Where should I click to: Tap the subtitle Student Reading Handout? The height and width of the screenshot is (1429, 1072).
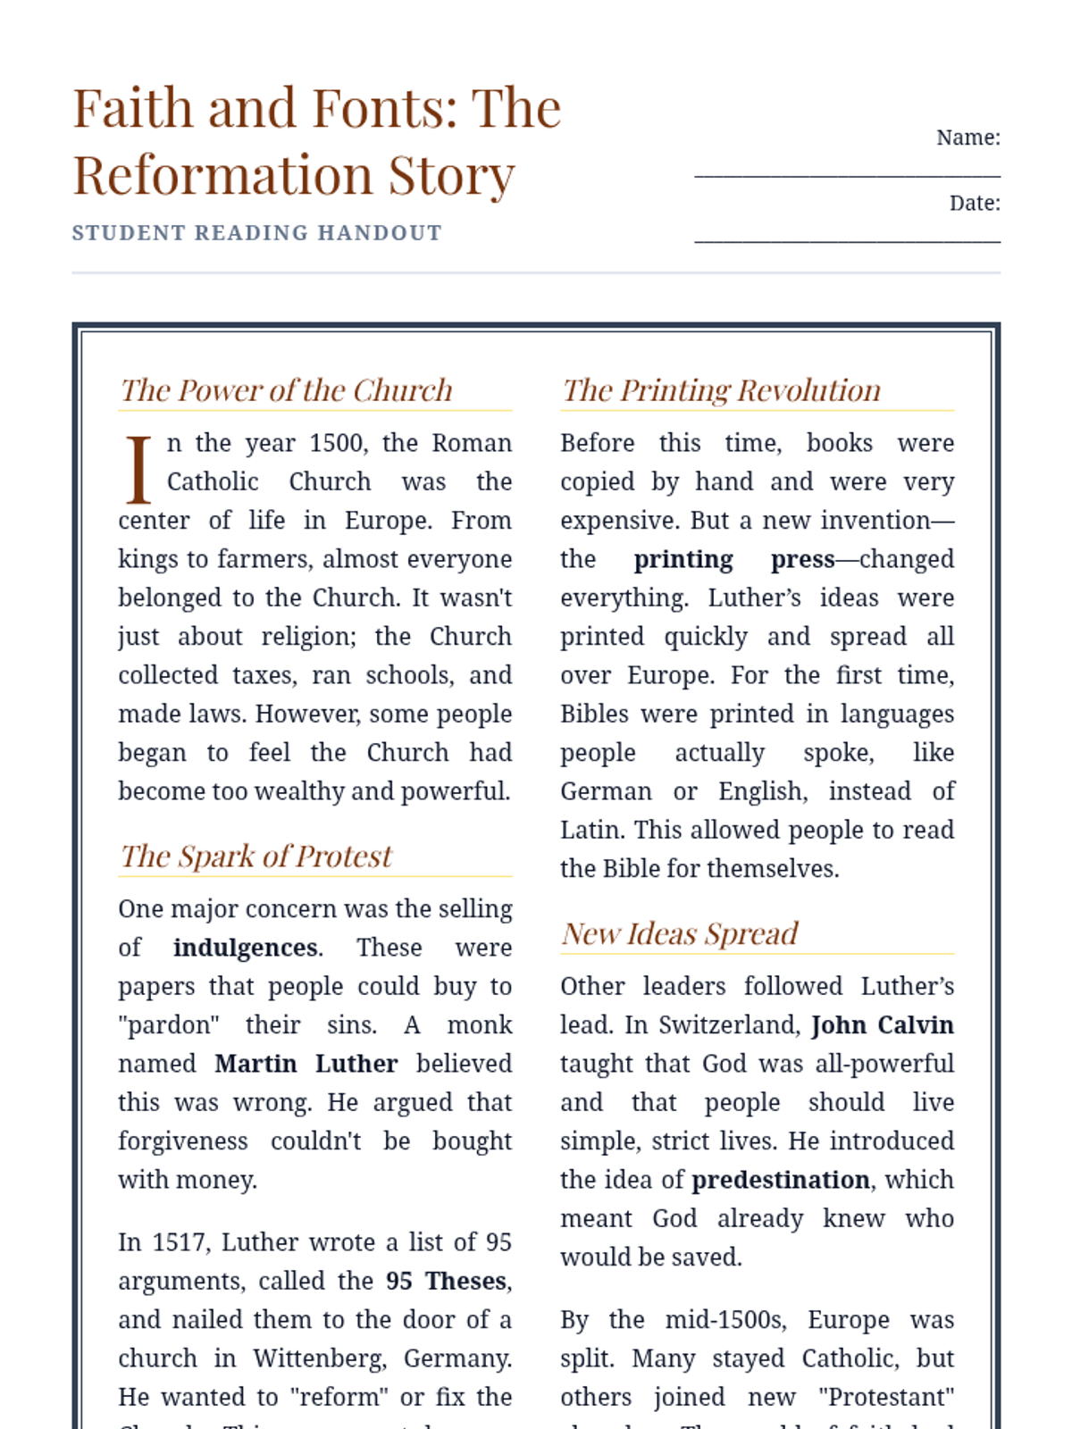click(256, 233)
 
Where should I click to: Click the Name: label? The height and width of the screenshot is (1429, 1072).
click(967, 138)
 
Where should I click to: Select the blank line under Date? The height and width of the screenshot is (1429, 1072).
click(847, 239)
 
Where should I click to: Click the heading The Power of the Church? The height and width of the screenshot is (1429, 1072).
click(286, 390)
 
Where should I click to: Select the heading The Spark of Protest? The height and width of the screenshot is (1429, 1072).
click(255, 857)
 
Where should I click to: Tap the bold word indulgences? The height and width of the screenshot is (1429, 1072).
click(246, 948)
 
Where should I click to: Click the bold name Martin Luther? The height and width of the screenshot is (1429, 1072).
click(306, 1064)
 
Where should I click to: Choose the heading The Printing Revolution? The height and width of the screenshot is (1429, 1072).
click(721, 390)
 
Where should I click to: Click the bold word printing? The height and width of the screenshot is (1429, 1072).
click(683, 559)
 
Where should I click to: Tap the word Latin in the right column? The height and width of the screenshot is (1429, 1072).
click(592, 831)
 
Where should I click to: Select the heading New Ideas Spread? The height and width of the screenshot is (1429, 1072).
click(679, 934)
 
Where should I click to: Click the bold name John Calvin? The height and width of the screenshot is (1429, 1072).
click(882, 1025)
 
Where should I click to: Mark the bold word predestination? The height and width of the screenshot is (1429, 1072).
click(780, 1180)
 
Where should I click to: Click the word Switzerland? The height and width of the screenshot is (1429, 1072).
click(729, 1025)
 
